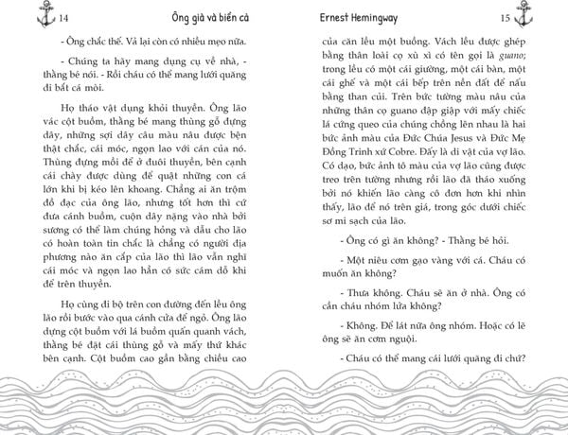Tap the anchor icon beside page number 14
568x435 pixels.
(16, 19)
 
